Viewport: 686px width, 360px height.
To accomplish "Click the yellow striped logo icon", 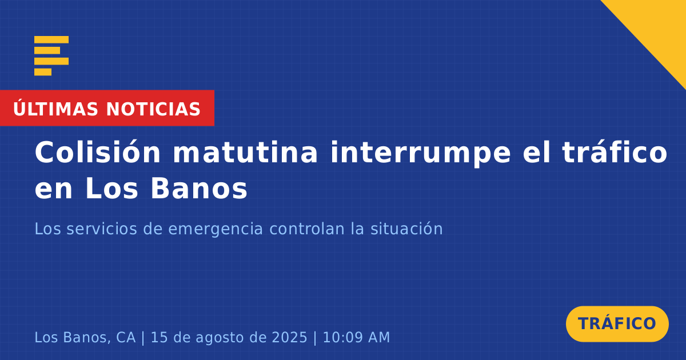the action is (x=51, y=56).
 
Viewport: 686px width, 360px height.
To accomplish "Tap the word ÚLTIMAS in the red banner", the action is (x=55, y=109).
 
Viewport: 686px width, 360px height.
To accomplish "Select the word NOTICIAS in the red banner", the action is (x=153, y=109).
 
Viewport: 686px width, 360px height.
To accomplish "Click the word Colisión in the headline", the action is (x=97, y=152).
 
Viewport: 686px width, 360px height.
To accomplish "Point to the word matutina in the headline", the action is (x=245, y=152).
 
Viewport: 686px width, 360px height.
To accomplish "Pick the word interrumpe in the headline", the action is (x=420, y=153).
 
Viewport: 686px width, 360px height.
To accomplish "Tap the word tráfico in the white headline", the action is (x=615, y=152).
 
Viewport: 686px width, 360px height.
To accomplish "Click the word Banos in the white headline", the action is (x=199, y=189).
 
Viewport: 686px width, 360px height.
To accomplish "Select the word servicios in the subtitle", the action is (x=102, y=229).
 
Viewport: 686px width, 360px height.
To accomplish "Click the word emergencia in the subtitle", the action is (x=216, y=230).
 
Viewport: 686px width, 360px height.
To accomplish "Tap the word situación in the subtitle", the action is (x=406, y=229).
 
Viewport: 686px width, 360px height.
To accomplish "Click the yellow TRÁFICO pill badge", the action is (x=617, y=323).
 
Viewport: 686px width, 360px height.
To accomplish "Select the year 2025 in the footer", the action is (x=289, y=337).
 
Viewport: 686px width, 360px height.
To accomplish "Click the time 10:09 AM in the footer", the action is (x=356, y=337).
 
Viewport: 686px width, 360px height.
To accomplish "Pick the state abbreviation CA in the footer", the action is (x=126, y=337).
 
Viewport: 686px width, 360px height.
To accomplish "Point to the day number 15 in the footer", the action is (x=159, y=337).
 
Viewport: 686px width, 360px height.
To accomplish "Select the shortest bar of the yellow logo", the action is (x=43, y=72).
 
